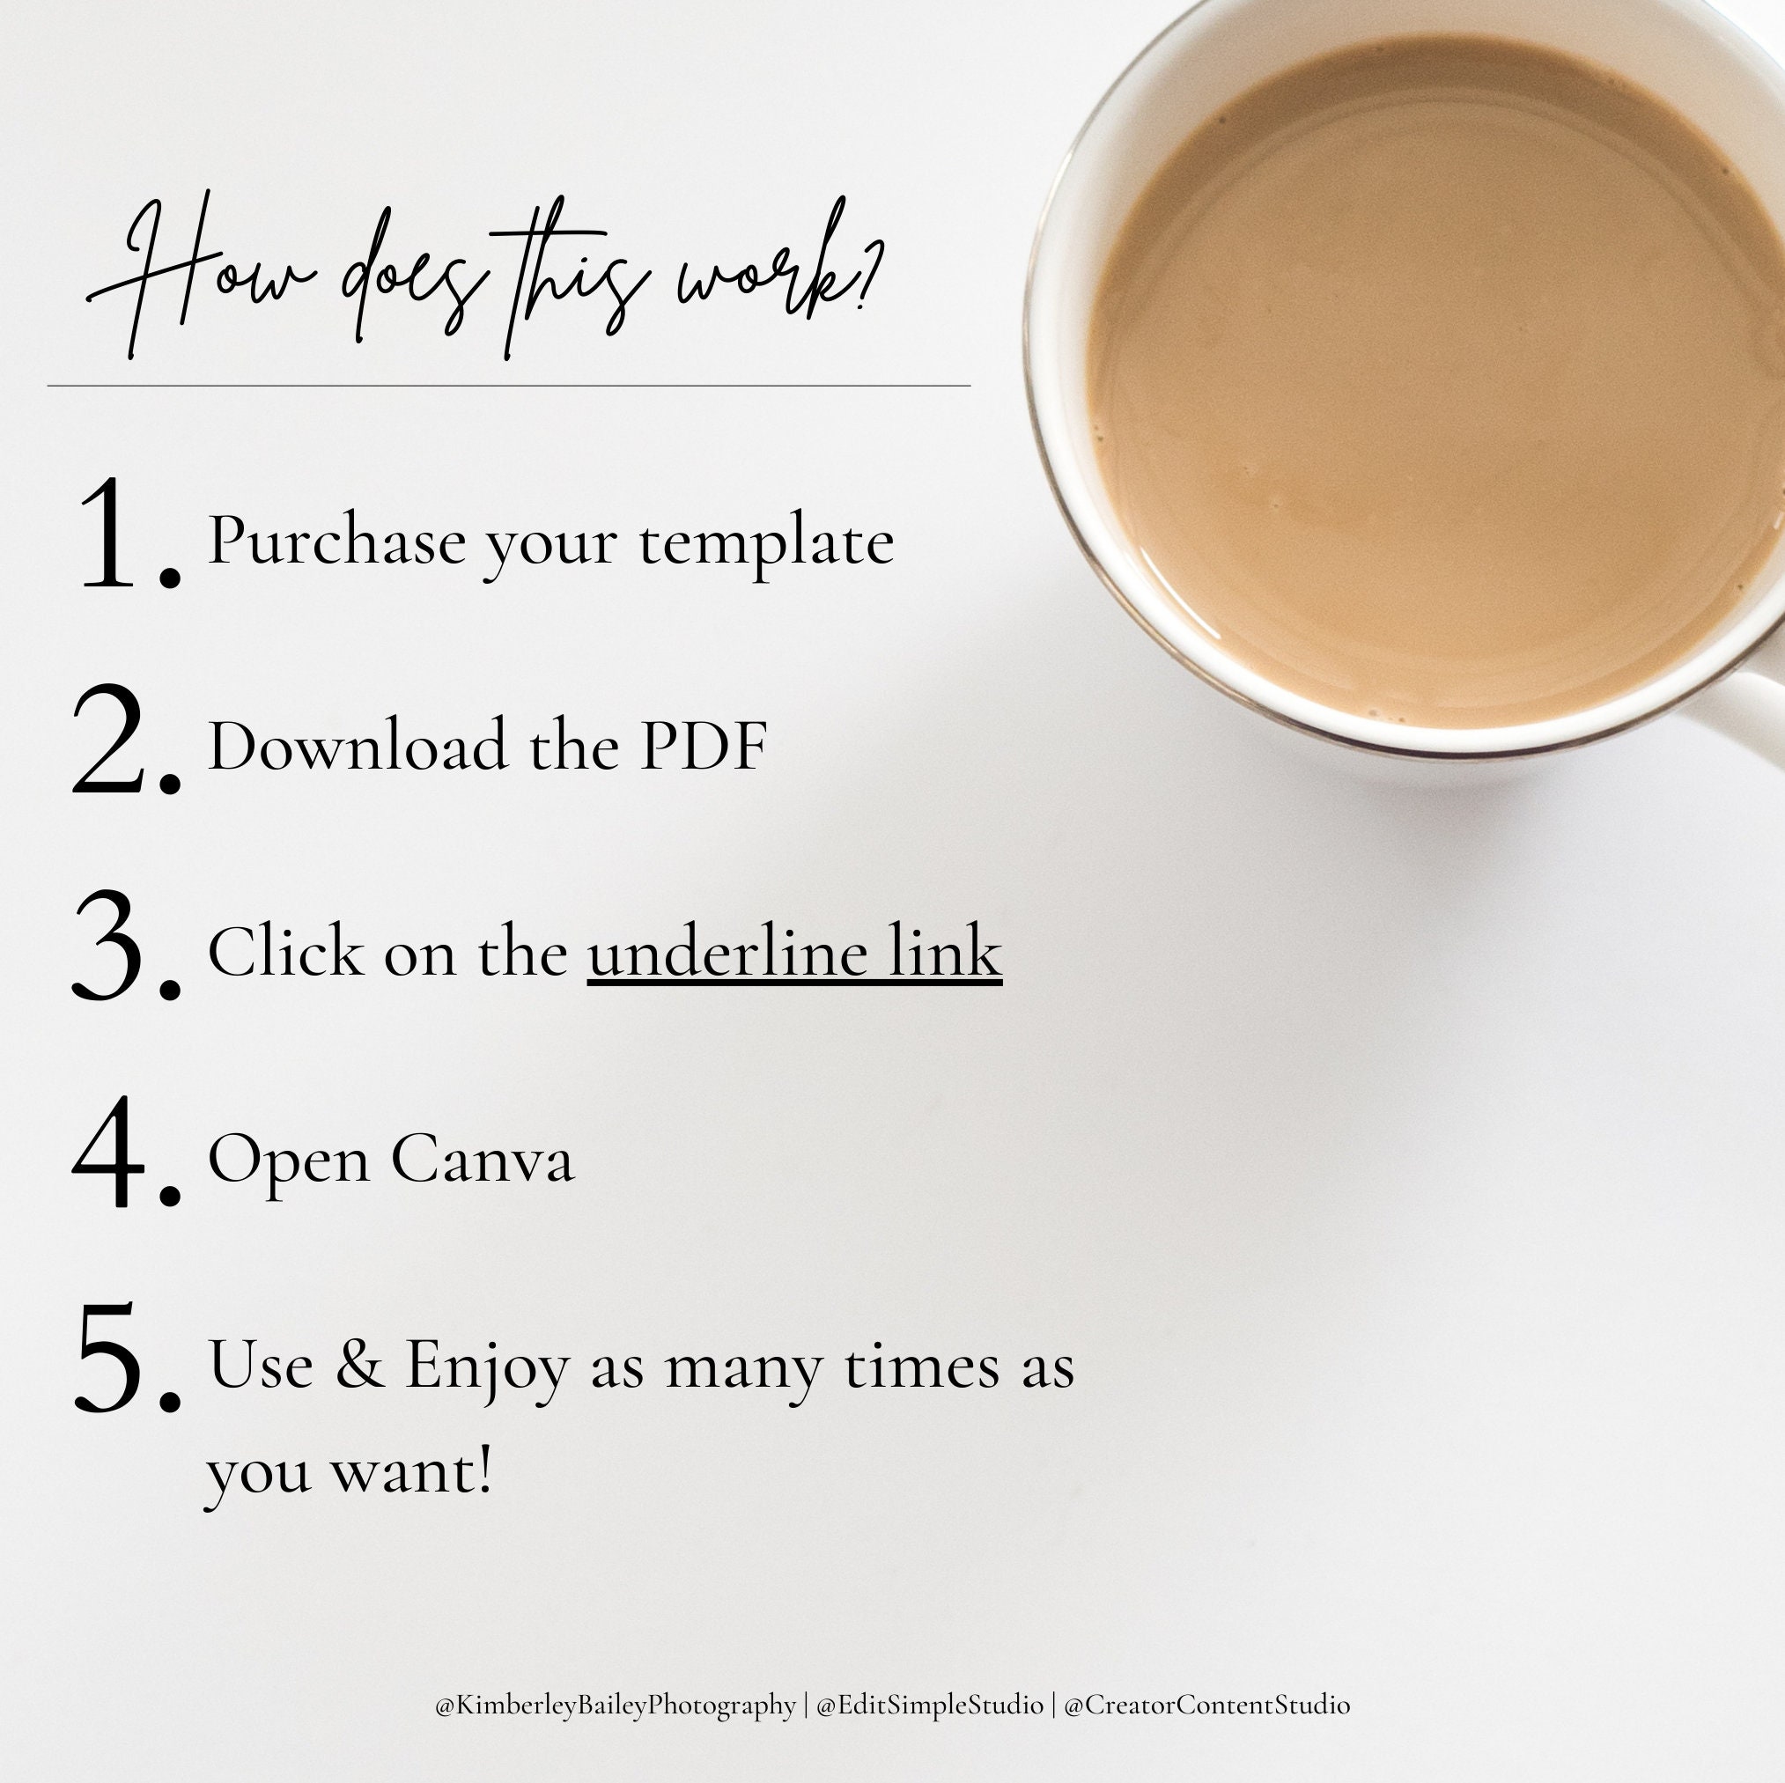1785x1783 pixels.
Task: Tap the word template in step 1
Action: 766,543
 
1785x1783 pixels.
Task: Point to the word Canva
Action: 483,1159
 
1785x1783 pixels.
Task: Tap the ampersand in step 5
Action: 359,1364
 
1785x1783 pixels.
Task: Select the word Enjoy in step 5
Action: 487,1367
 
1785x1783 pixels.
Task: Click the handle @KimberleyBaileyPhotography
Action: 616,1706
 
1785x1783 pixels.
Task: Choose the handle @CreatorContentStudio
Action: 1206,1706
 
